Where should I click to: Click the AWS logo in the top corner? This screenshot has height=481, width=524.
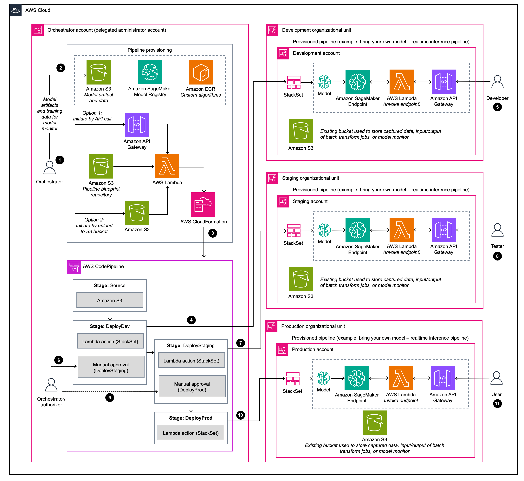16,10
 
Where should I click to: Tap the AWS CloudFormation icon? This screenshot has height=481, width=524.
203,204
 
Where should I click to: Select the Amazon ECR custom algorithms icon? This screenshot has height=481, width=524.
201,72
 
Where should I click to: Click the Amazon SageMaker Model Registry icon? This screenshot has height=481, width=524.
150,72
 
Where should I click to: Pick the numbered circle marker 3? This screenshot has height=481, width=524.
213,233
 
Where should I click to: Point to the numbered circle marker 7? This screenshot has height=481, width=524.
240,343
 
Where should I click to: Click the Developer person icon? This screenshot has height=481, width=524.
497,82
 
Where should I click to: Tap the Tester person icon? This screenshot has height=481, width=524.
497,230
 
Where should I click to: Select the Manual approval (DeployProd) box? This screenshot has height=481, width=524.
192,387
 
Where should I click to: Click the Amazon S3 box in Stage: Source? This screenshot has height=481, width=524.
110,300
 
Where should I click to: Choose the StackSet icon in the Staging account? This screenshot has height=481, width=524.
294,231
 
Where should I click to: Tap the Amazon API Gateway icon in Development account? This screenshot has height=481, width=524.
443,82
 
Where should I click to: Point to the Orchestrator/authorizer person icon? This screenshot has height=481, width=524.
51,385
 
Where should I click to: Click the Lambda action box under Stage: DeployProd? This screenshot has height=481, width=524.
191,433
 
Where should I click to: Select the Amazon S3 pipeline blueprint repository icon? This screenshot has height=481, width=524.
101,166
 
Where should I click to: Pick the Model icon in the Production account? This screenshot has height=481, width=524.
323,378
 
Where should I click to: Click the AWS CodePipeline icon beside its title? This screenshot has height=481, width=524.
74,267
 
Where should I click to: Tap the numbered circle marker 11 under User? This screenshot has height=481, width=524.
497,404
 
